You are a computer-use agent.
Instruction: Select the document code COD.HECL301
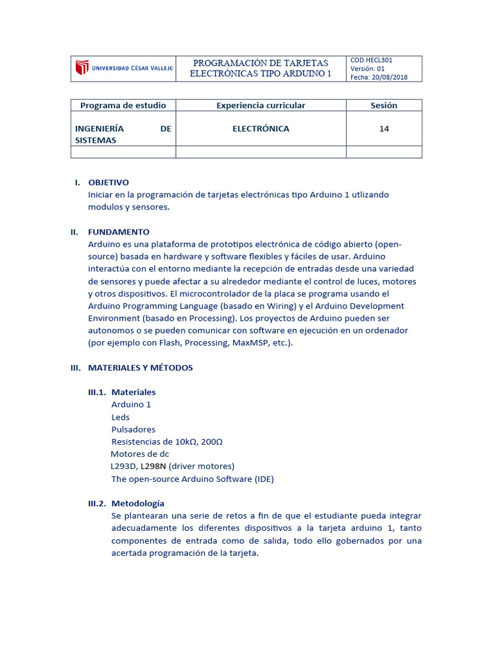pyautogui.click(x=372, y=60)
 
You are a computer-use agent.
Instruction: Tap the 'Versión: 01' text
pyautogui.click(x=367, y=69)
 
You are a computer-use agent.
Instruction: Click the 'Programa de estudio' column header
pyautogui.click(x=123, y=105)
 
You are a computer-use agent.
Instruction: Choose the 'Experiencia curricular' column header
pyautogui.click(x=261, y=105)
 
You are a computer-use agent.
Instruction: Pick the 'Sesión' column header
pyautogui.click(x=384, y=105)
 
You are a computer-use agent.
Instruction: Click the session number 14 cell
pyautogui.click(x=384, y=129)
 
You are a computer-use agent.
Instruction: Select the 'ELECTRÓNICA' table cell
pyautogui.click(x=261, y=129)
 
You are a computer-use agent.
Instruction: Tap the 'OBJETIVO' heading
pyautogui.click(x=108, y=182)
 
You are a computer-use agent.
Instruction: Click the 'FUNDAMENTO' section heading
pyautogui.click(x=119, y=232)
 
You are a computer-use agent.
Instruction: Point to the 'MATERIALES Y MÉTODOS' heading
pyautogui.click(x=140, y=368)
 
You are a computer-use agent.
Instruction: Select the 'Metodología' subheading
pyautogui.click(x=138, y=503)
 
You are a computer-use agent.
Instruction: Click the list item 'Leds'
pyautogui.click(x=121, y=417)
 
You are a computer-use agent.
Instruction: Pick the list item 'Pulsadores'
pyautogui.click(x=134, y=429)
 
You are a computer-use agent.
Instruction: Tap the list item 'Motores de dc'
pyautogui.click(x=140, y=454)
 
